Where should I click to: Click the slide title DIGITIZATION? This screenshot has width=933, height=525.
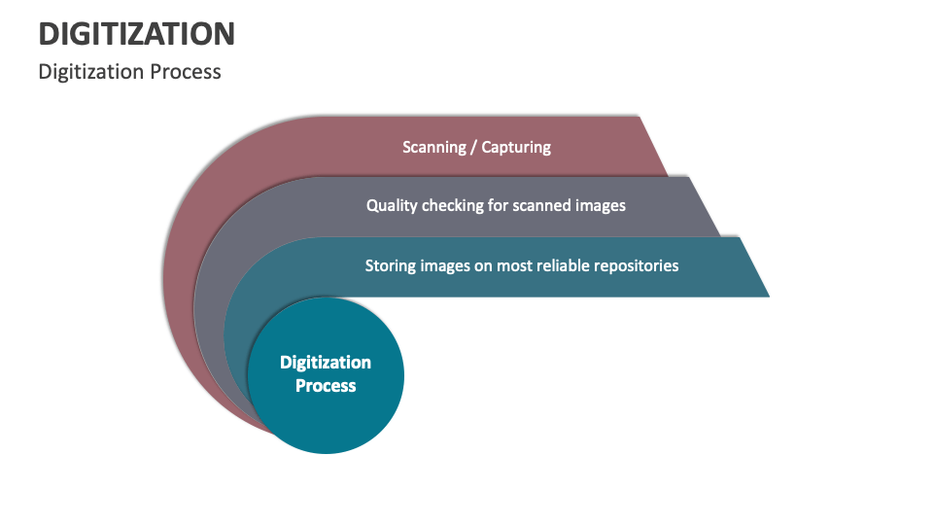tap(136, 34)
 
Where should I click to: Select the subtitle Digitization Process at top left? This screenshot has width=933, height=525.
tap(129, 72)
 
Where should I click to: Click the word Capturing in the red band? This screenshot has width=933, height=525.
tap(516, 147)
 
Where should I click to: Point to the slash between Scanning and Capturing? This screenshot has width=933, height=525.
tap(474, 147)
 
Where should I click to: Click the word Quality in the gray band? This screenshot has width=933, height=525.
tap(392, 205)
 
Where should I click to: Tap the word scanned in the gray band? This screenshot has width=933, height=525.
tap(548, 205)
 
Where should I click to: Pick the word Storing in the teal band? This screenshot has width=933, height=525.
tap(392, 264)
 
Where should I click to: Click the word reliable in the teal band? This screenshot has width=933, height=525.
tap(568, 264)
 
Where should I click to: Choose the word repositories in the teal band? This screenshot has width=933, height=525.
tap(640, 264)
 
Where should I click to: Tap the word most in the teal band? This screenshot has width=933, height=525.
tap(515, 264)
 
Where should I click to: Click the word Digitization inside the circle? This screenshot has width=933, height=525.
tap(326, 363)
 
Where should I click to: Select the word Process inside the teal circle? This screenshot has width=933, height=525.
tap(326, 386)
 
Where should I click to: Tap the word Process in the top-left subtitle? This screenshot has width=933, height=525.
tap(189, 72)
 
